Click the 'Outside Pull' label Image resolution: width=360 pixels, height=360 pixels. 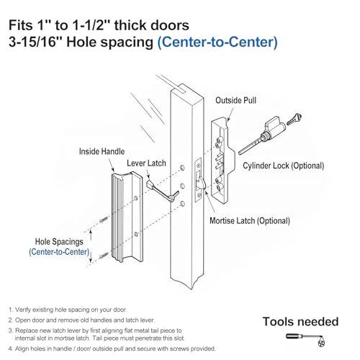235,100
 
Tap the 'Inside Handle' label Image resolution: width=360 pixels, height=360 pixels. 102,151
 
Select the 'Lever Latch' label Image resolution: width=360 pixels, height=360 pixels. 146,163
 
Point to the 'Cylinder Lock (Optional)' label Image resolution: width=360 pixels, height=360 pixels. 284,166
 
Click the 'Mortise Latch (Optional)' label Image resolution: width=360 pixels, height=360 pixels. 250,221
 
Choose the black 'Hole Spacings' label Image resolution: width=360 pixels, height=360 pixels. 59,242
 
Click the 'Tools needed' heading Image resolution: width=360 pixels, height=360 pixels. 300,322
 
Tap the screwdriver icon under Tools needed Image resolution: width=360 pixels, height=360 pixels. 305,339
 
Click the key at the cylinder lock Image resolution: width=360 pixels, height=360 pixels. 294,119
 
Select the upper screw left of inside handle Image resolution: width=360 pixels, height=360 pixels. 104,220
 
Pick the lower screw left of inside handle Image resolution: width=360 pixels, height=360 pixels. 104,256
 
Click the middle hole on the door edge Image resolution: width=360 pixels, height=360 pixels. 182,186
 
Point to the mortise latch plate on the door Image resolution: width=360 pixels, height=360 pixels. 198,179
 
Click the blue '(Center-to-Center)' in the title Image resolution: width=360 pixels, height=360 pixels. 217,42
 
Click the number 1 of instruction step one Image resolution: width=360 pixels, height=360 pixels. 10,310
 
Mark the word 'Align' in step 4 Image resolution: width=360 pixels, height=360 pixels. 20,348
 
